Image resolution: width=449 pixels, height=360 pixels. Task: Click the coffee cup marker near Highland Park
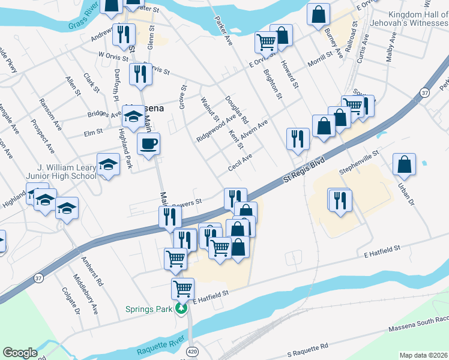[x=148, y=144]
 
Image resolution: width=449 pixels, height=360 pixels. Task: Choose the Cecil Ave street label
[x=240, y=162]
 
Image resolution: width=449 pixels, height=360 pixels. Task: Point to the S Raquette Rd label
[x=307, y=349]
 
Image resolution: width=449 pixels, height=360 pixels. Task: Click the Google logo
[x=20, y=353]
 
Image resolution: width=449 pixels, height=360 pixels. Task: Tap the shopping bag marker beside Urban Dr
[x=405, y=164]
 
